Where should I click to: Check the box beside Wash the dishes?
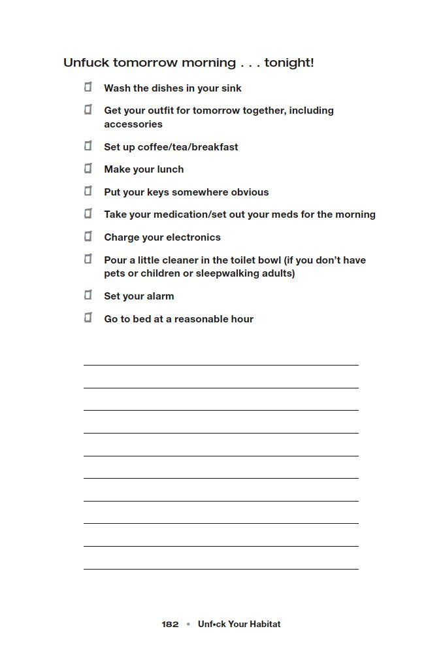coord(88,87)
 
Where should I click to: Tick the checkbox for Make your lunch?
coord(88,169)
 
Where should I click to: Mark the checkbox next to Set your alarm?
coord(88,296)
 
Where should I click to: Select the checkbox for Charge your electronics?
coord(88,237)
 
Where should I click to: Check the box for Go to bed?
coord(88,318)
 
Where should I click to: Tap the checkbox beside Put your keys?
coord(88,192)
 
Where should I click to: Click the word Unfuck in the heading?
coord(87,63)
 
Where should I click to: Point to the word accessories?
coord(133,124)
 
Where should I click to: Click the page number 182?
coord(170,624)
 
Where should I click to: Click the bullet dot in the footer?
coord(188,624)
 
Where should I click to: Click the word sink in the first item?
coord(231,88)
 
